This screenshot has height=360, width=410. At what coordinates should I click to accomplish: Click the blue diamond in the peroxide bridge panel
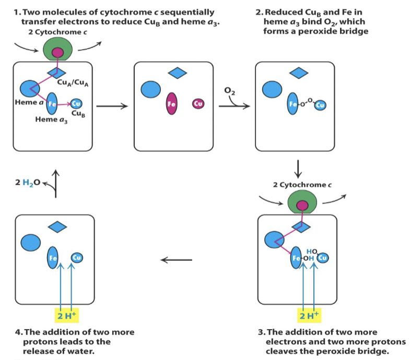click(299, 74)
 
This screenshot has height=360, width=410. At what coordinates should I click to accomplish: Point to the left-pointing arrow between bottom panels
click(175, 259)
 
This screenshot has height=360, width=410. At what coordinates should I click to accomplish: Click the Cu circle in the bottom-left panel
click(76, 257)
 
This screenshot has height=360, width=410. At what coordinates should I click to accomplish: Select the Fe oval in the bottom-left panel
click(53, 257)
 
